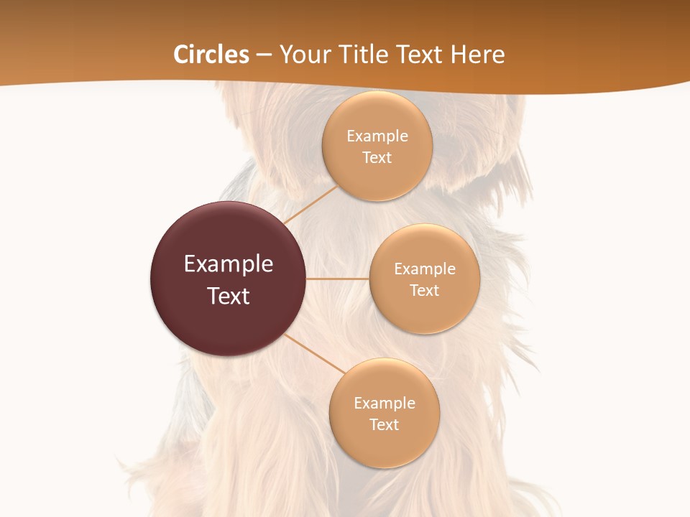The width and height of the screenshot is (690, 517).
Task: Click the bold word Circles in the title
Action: (x=211, y=55)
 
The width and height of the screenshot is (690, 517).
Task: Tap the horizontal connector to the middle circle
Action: (x=337, y=279)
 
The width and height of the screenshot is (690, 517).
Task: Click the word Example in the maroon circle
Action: (x=229, y=264)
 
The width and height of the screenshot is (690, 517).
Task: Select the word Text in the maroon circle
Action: (x=229, y=296)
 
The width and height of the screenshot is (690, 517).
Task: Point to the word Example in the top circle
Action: (x=377, y=136)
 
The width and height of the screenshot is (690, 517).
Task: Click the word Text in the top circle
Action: (x=377, y=158)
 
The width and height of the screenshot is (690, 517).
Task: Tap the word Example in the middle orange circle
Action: (x=425, y=269)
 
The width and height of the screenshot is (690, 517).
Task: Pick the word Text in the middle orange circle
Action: (x=425, y=291)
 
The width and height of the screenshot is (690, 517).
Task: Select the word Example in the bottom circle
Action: (x=385, y=404)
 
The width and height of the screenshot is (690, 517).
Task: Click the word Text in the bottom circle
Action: (x=385, y=425)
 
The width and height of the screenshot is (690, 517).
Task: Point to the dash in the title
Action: (x=264, y=55)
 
